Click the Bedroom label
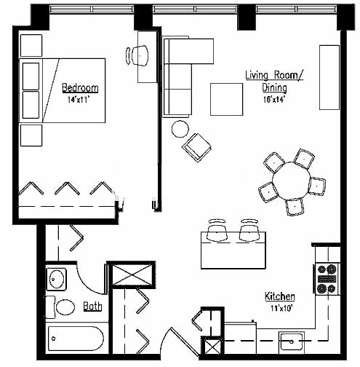point(80,88)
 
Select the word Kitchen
point(280,296)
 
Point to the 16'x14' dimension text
point(273,100)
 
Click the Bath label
point(92,307)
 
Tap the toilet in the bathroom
point(60,307)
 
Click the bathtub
point(76,339)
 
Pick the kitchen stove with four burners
point(327,279)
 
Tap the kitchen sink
point(292,342)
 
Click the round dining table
point(291,181)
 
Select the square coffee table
point(226,99)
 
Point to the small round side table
point(180,129)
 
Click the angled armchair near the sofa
point(196,148)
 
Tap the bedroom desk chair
point(137,55)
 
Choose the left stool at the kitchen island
point(217,230)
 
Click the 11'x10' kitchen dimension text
point(281,309)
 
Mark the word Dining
point(274,88)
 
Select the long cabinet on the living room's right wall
point(329,77)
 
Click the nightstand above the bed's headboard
point(31,46)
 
